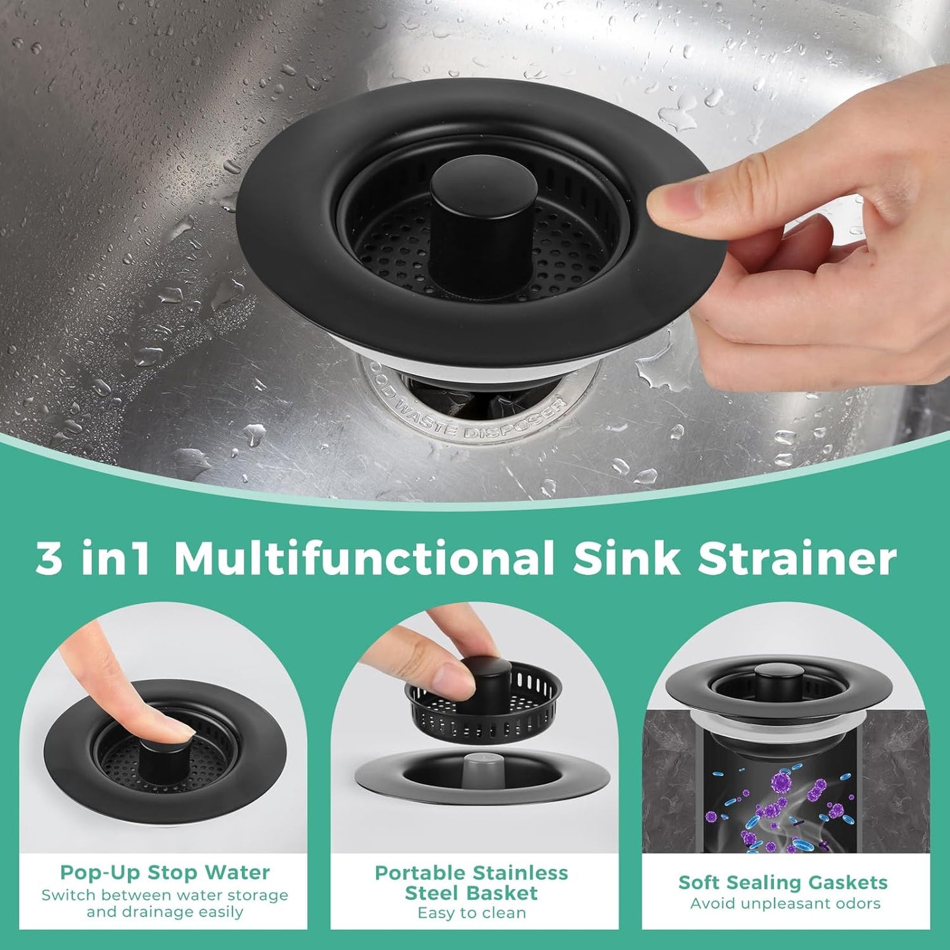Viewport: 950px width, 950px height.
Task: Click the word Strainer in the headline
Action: [x=796, y=559]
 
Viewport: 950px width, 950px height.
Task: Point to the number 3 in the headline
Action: [x=49, y=559]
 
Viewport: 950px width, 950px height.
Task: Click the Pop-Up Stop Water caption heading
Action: [x=164, y=872]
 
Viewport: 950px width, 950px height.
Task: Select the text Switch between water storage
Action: [x=164, y=895]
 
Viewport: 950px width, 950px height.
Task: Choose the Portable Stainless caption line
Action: [x=471, y=873]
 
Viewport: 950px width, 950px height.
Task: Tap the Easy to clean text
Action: [x=471, y=913]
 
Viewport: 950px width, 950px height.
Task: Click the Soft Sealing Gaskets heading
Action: [x=783, y=882]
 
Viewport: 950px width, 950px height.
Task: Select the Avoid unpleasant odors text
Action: [x=785, y=903]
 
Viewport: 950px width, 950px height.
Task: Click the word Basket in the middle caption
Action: [x=506, y=893]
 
